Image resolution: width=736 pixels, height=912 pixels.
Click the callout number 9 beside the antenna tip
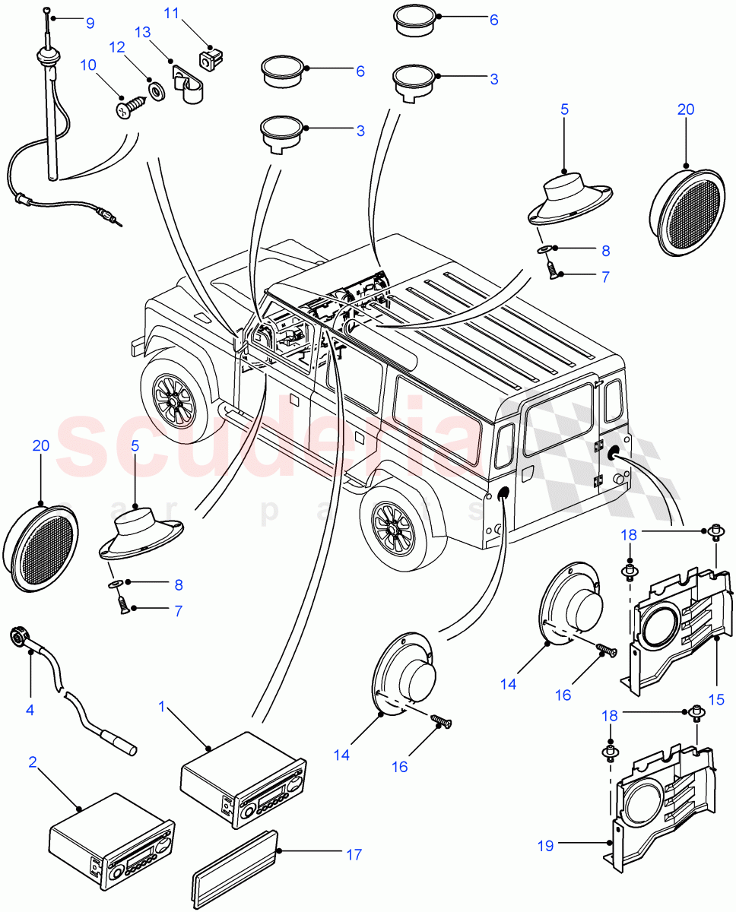(90, 23)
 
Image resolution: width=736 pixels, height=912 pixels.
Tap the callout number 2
(33, 761)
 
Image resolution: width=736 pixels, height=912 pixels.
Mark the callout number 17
(354, 854)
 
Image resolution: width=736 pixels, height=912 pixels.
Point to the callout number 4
(30, 710)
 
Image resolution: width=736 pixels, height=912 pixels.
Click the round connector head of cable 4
(18, 635)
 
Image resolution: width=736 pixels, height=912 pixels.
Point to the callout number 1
(160, 707)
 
